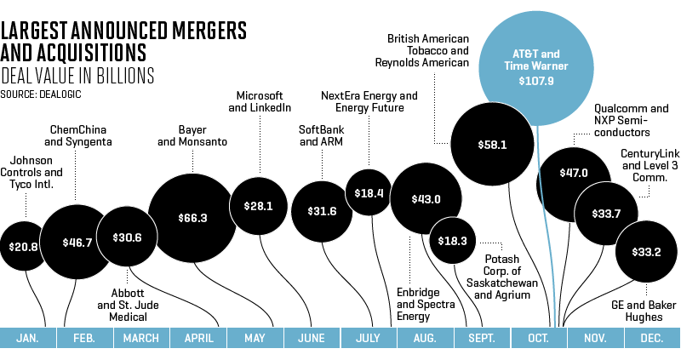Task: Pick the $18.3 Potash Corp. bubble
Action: [x=452, y=241]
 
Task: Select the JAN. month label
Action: [x=27, y=338]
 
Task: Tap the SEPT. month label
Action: [x=483, y=338]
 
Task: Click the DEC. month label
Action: [x=652, y=338]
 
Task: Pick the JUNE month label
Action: [x=312, y=338]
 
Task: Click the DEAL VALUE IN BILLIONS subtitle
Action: [x=77, y=75]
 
